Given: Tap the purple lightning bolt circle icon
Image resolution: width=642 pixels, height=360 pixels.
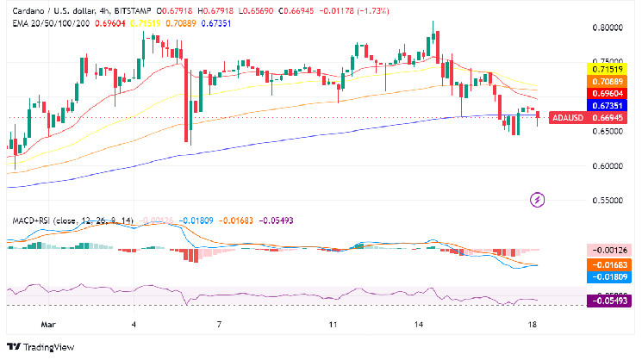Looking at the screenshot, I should pos(539,201).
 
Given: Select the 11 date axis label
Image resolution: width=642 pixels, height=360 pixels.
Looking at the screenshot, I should pos(333,326).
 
